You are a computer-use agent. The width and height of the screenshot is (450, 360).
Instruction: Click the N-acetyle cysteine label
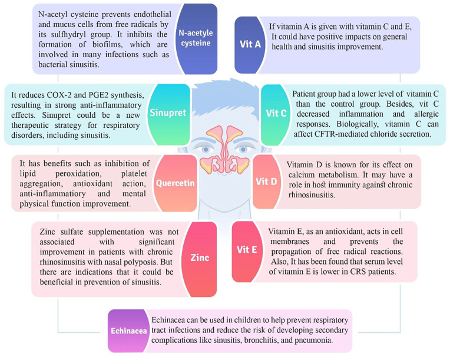(195, 38)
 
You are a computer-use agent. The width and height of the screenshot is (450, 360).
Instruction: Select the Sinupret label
(168, 113)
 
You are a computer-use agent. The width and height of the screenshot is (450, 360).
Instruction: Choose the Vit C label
(276, 113)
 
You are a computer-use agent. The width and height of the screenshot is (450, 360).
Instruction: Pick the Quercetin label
(175, 183)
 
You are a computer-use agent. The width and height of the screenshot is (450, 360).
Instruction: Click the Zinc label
(200, 257)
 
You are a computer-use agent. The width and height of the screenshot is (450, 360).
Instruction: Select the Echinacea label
(128, 331)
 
